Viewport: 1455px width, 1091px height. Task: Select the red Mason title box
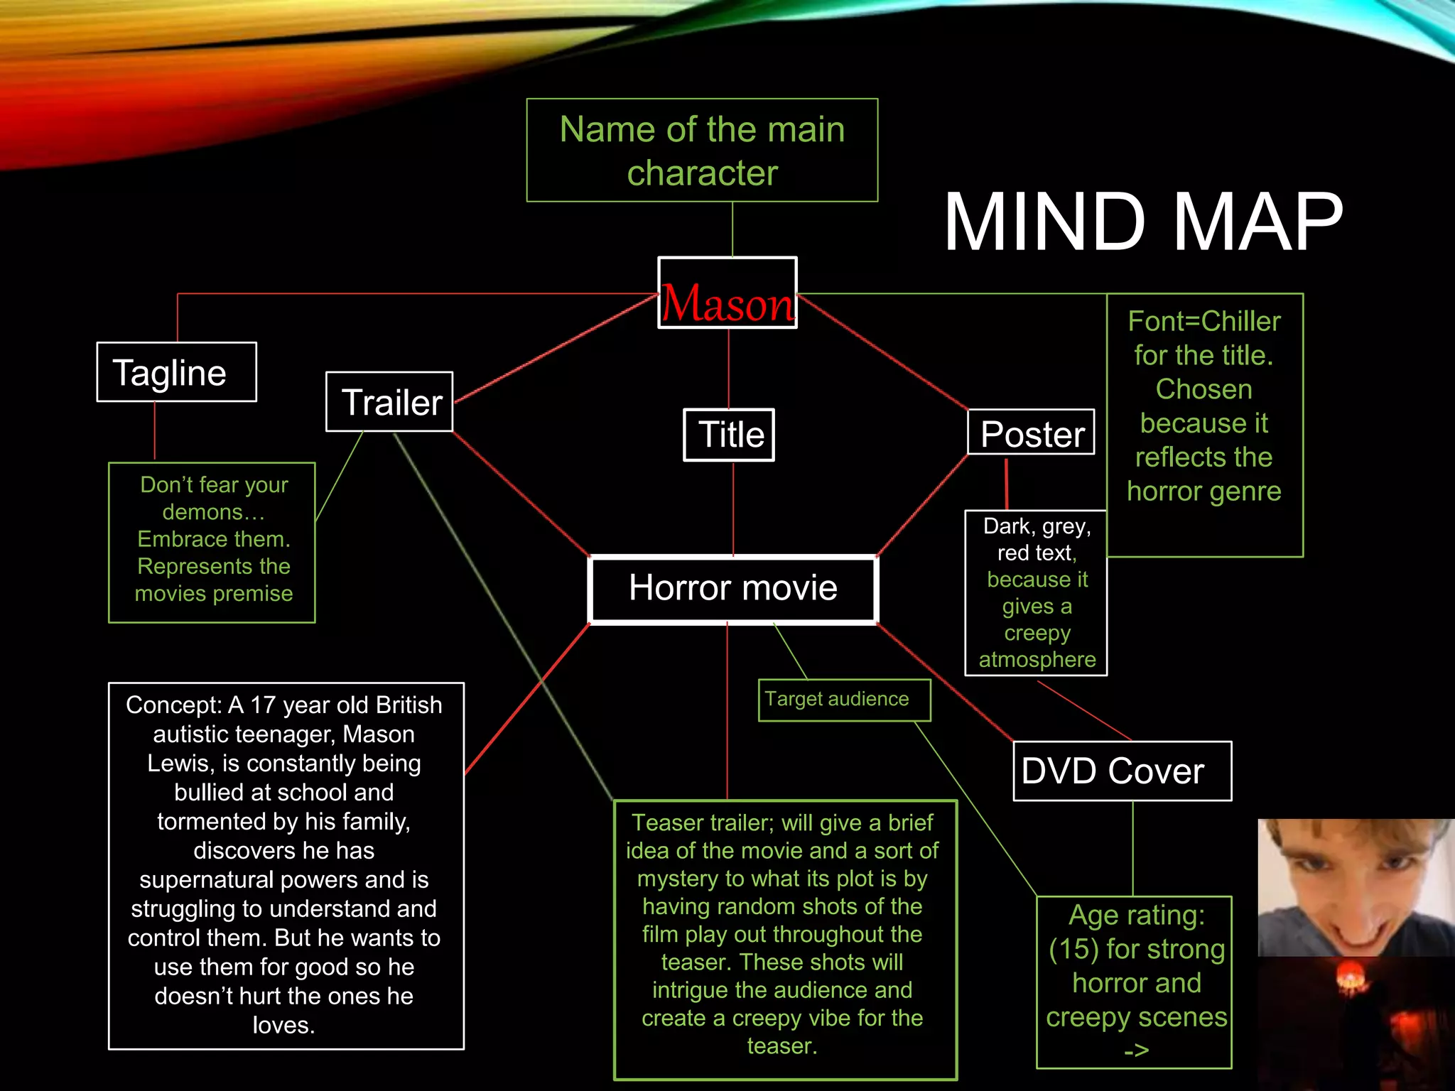pos(727,293)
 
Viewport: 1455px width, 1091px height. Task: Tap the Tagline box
pos(176,372)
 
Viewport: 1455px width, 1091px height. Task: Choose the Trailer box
pos(389,402)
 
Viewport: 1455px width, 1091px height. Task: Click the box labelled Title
pos(729,435)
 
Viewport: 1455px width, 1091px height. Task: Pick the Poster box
pos(1031,433)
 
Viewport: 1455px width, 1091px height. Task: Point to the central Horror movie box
pos(733,589)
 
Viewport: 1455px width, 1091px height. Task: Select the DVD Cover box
pos(1122,771)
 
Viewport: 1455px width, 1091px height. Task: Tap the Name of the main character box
pos(702,151)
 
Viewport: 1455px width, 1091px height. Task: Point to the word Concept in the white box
pos(173,705)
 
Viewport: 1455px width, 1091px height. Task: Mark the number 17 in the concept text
pos(262,705)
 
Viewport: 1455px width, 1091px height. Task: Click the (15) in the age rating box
pos(1073,950)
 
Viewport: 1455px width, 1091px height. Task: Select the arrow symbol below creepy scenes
pos(1136,1050)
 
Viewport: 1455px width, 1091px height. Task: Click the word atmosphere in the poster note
pos(1037,660)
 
